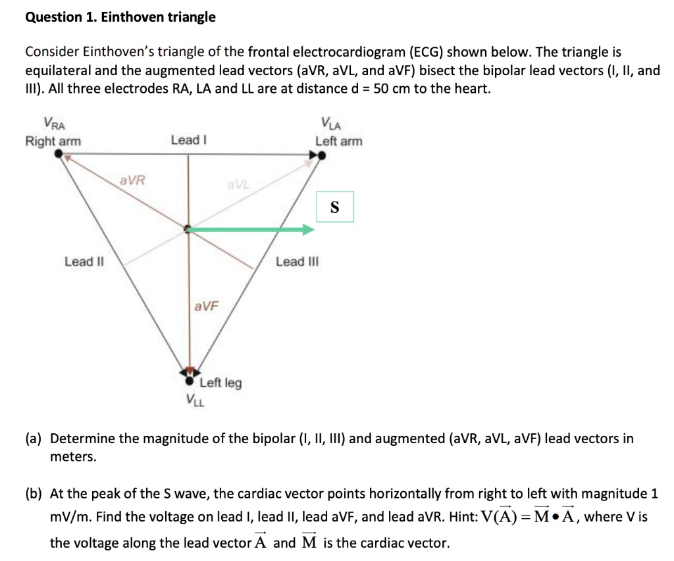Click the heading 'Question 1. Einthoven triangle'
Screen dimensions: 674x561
pyautogui.click(x=120, y=17)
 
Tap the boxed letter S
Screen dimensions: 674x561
pyautogui.click(x=335, y=207)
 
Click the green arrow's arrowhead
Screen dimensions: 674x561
pyautogui.click(x=308, y=230)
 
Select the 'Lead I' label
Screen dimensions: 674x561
pyautogui.click(x=189, y=140)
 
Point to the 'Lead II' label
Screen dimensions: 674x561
pyautogui.click(x=84, y=261)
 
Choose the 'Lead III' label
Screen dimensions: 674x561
pyautogui.click(x=298, y=261)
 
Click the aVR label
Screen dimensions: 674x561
pyautogui.click(x=132, y=180)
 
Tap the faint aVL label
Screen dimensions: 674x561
pyautogui.click(x=238, y=185)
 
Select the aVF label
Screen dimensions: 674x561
pyautogui.click(x=206, y=306)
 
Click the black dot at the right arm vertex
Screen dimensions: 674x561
pyautogui.click(x=59, y=153)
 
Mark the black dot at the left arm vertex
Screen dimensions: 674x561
pyautogui.click(x=321, y=155)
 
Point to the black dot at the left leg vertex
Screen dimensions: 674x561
pyautogui.click(x=190, y=381)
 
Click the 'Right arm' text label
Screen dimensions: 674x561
pyautogui.click(x=53, y=141)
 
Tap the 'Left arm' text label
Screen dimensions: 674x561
pyautogui.click(x=339, y=141)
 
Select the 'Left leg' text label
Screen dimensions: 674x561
pyautogui.click(x=220, y=383)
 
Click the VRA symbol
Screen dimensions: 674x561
pyautogui.click(x=55, y=123)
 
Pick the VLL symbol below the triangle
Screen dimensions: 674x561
pyautogui.click(x=195, y=400)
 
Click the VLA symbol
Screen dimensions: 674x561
pyautogui.click(x=331, y=123)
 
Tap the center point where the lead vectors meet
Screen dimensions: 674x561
pyautogui.click(x=188, y=229)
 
